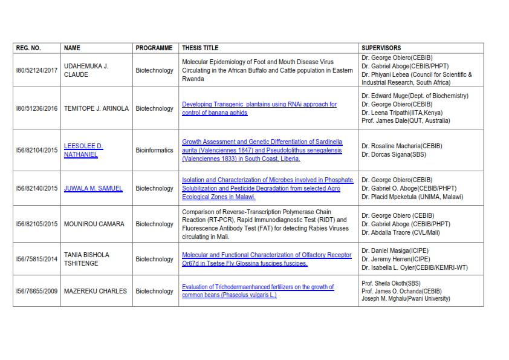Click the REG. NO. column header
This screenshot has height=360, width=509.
28,48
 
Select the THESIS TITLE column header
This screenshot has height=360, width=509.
200,48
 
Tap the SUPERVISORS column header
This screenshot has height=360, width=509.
381,48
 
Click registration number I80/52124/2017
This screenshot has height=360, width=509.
37,71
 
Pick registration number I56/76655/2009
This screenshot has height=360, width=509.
37,291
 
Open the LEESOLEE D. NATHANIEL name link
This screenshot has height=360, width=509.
83,150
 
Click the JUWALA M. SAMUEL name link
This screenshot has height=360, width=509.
93,188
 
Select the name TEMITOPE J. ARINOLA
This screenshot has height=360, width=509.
96,109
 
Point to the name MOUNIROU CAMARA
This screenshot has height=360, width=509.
94,224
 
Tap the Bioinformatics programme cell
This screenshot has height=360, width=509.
154,150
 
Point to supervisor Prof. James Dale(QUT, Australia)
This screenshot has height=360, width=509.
406,121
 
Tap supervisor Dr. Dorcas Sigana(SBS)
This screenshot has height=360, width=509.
395,154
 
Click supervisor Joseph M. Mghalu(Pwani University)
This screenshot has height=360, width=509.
406,299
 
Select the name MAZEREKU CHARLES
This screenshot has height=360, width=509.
96,291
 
